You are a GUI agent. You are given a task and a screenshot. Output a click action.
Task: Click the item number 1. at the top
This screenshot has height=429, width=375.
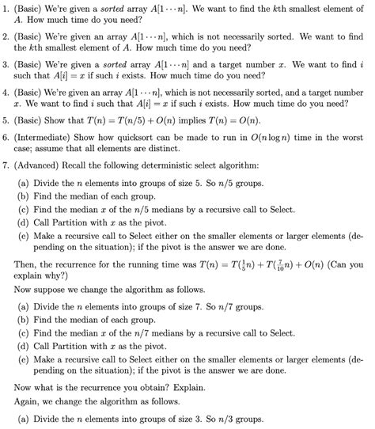(x=7, y=8)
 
